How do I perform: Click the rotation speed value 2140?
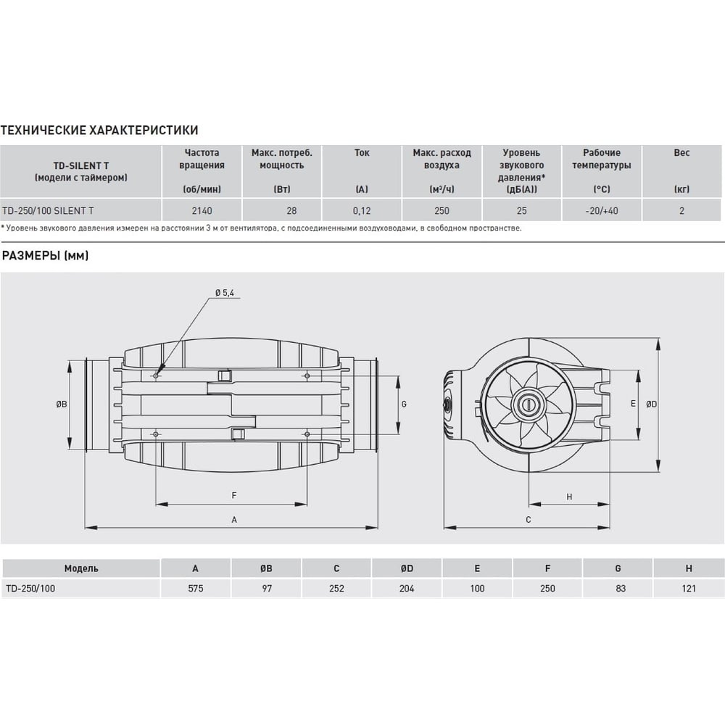click(202, 211)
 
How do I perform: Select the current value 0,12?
click(362, 211)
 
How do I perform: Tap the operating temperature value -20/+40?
click(602, 211)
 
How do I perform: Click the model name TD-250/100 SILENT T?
click(48, 211)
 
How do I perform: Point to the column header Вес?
click(681, 152)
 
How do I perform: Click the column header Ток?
click(362, 152)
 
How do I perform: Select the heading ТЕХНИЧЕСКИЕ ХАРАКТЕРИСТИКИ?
click(99, 130)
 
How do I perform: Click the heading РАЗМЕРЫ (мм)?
click(45, 255)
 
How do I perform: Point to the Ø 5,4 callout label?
click(225, 293)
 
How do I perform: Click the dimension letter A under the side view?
click(234, 520)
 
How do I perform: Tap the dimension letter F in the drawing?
click(234, 496)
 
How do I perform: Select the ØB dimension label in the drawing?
click(62, 404)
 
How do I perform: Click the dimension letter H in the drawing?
click(569, 497)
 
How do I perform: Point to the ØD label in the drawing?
click(651, 404)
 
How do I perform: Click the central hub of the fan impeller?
click(529, 404)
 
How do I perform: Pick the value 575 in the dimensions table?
click(196, 589)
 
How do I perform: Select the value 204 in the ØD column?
click(407, 589)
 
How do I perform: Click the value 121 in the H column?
click(689, 589)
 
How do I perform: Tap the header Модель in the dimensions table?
click(81, 568)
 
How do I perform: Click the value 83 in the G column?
click(621, 589)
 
